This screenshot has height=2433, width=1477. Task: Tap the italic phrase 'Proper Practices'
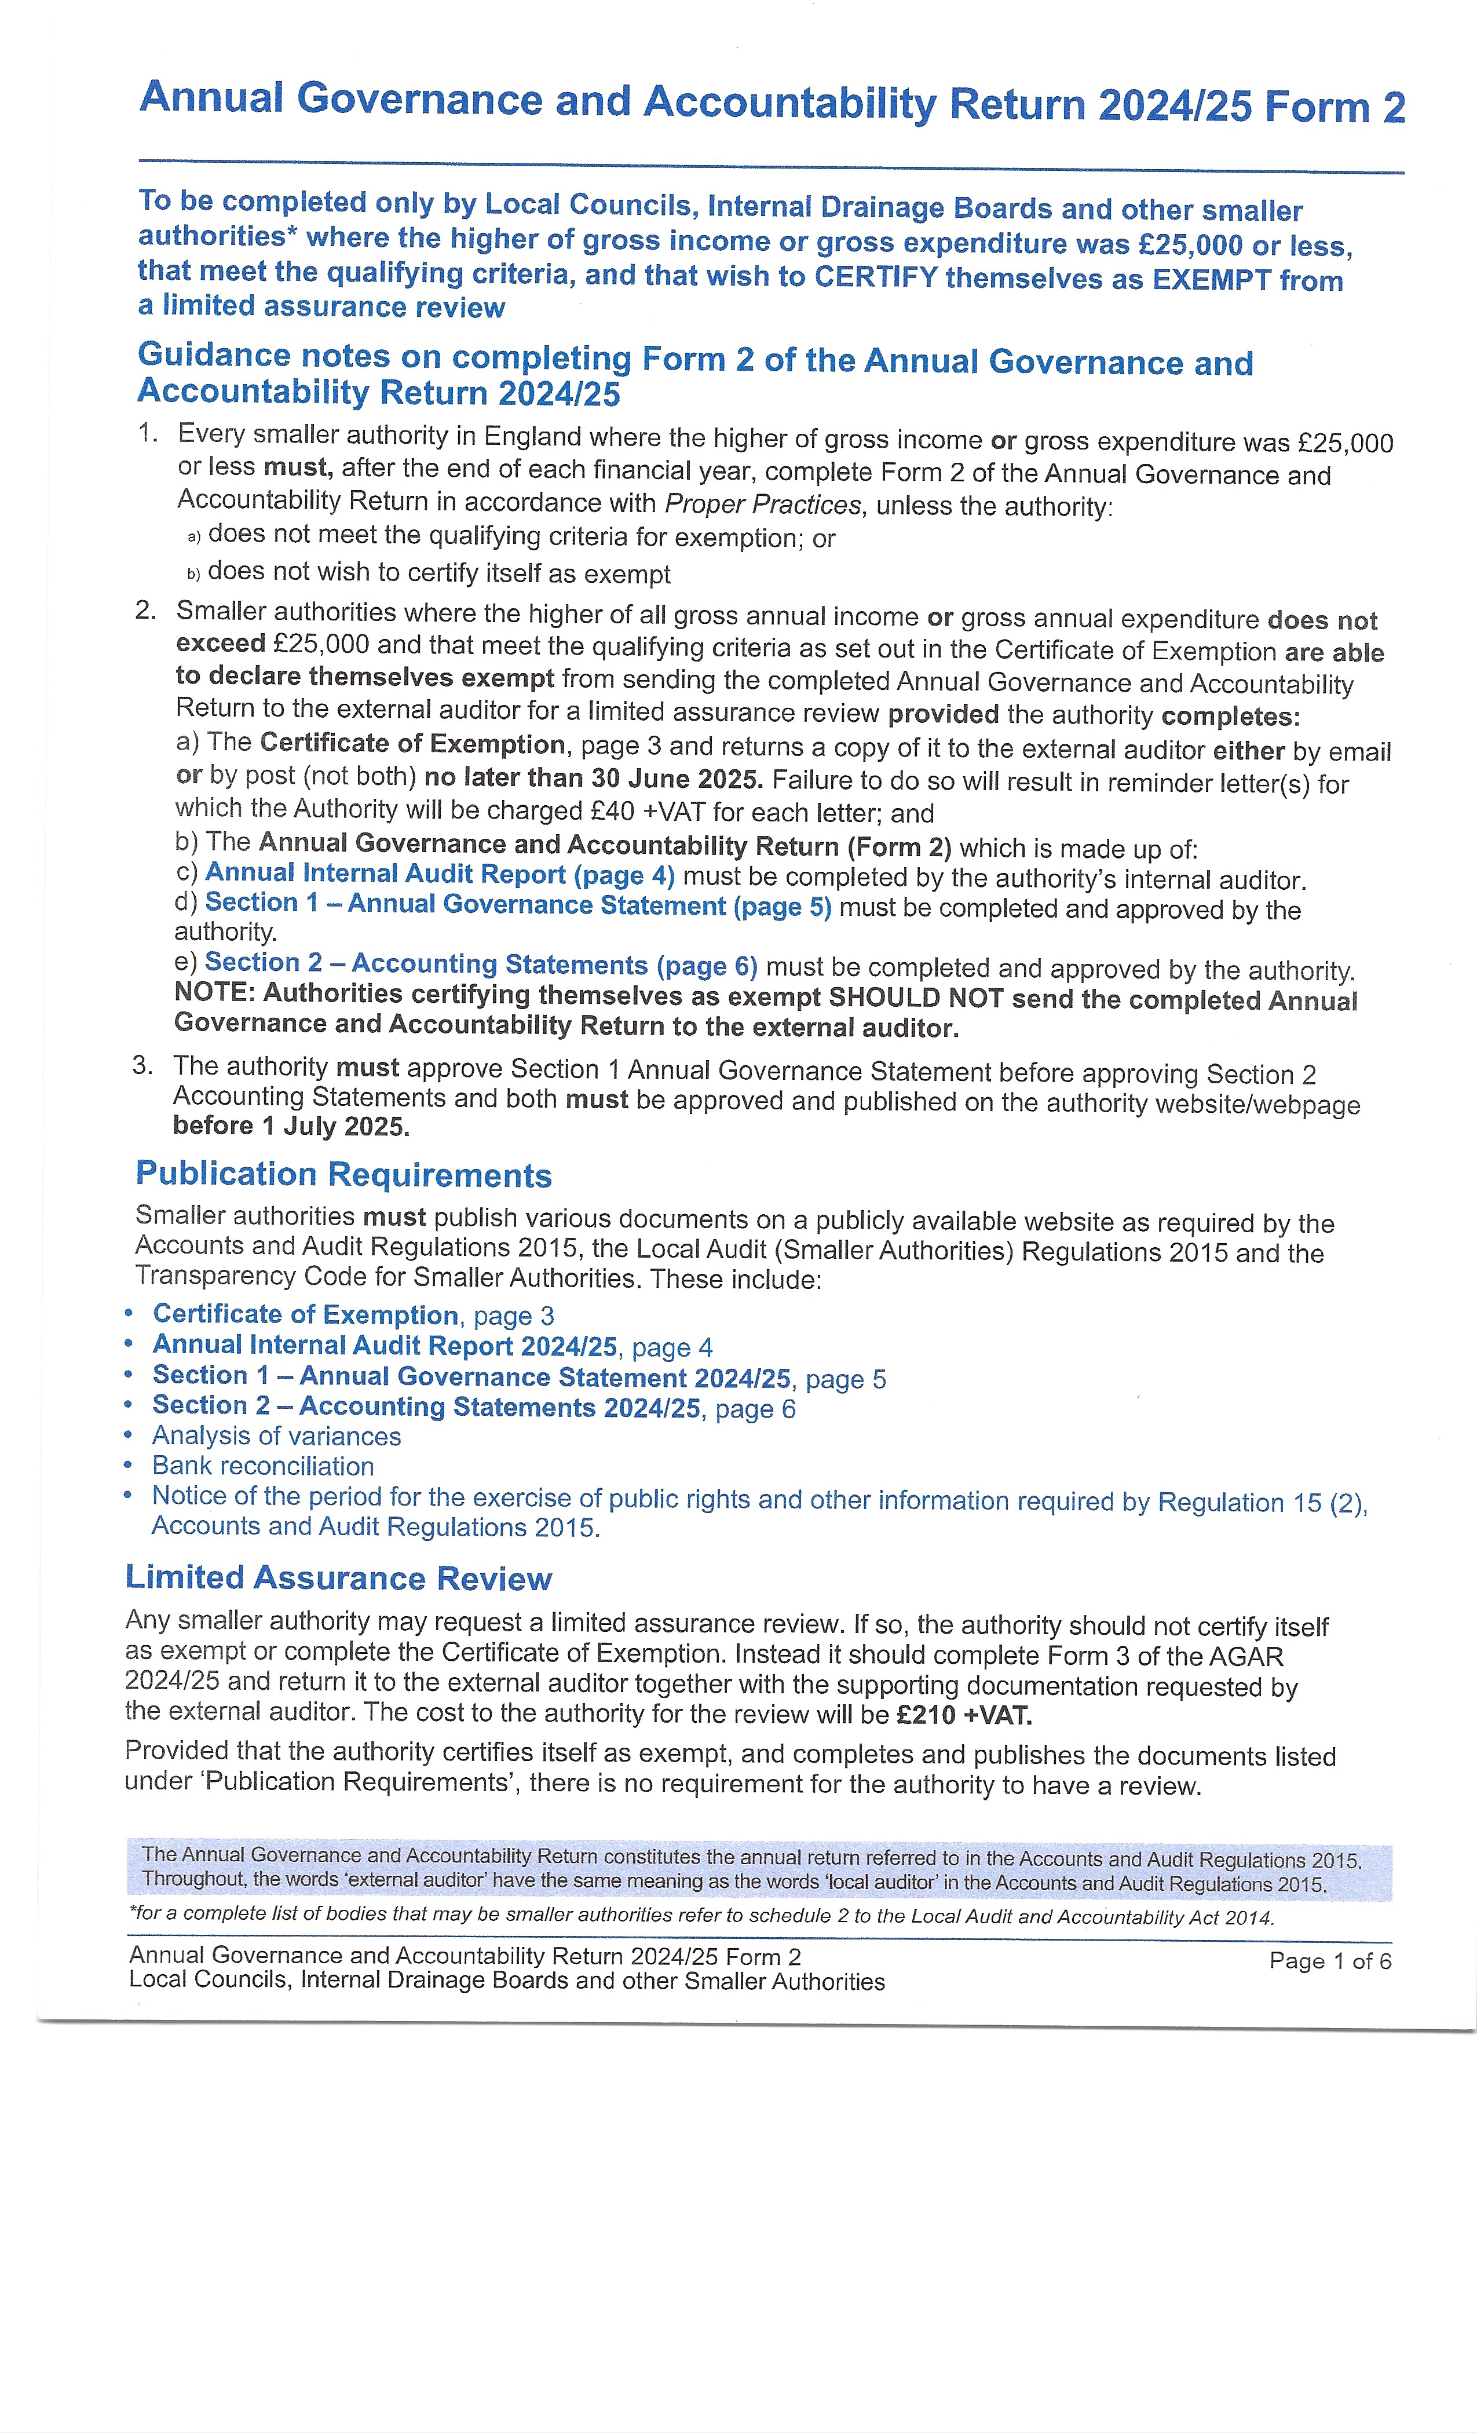click(x=762, y=505)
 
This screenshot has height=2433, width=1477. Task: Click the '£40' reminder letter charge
click(x=612, y=812)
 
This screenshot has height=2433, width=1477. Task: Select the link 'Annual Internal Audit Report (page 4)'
click(x=440, y=875)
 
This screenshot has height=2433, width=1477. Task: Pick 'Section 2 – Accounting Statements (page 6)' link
click(x=481, y=965)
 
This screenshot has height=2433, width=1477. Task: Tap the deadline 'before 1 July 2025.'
click(x=291, y=1127)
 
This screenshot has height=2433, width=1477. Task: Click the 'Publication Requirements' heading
click(x=343, y=1175)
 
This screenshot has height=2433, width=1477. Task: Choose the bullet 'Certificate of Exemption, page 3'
click(x=353, y=1315)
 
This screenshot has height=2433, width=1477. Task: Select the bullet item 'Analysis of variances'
click(x=276, y=1437)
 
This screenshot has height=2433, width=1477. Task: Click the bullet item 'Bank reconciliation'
click(x=262, y=1466)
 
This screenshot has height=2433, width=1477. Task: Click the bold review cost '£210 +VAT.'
click(x=964, y=1716)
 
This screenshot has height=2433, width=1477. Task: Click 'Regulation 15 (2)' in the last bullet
click(x=1261, y=1502)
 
